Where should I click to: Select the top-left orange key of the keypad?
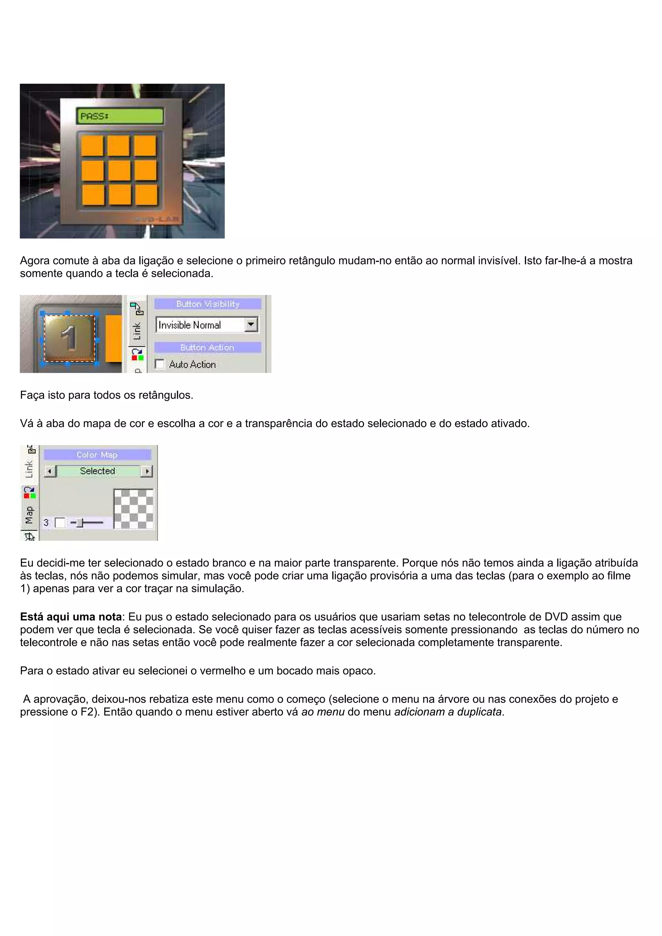92,145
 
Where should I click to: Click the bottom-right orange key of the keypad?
145,195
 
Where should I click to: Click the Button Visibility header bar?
208,304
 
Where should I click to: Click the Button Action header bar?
208,347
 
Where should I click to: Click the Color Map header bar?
97,455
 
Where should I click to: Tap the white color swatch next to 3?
60,523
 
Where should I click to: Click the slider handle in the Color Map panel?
80,523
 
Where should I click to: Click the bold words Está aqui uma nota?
71,617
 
